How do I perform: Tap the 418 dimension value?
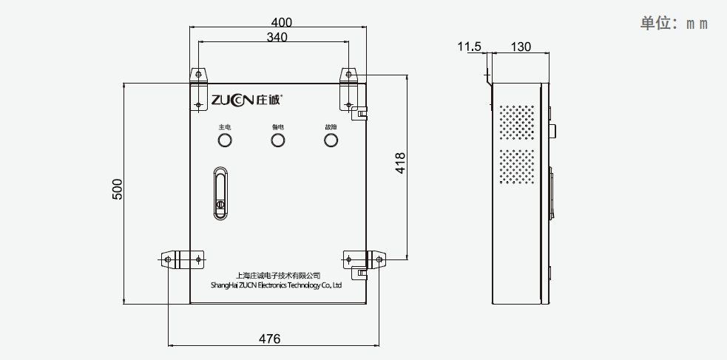[400, 163]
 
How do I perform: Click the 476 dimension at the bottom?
[269, 339]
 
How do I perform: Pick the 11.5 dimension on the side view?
[469, 47]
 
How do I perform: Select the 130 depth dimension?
[521, 47]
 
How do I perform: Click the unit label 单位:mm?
[674, 23]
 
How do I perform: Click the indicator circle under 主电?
[224, 140]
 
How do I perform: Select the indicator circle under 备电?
[277, 140]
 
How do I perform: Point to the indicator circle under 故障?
[330, 140]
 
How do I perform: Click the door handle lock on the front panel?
[221, 194]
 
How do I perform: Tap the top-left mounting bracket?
[198, 89]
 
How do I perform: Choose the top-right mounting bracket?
[350, 88]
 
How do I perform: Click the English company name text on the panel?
[276, 284]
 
